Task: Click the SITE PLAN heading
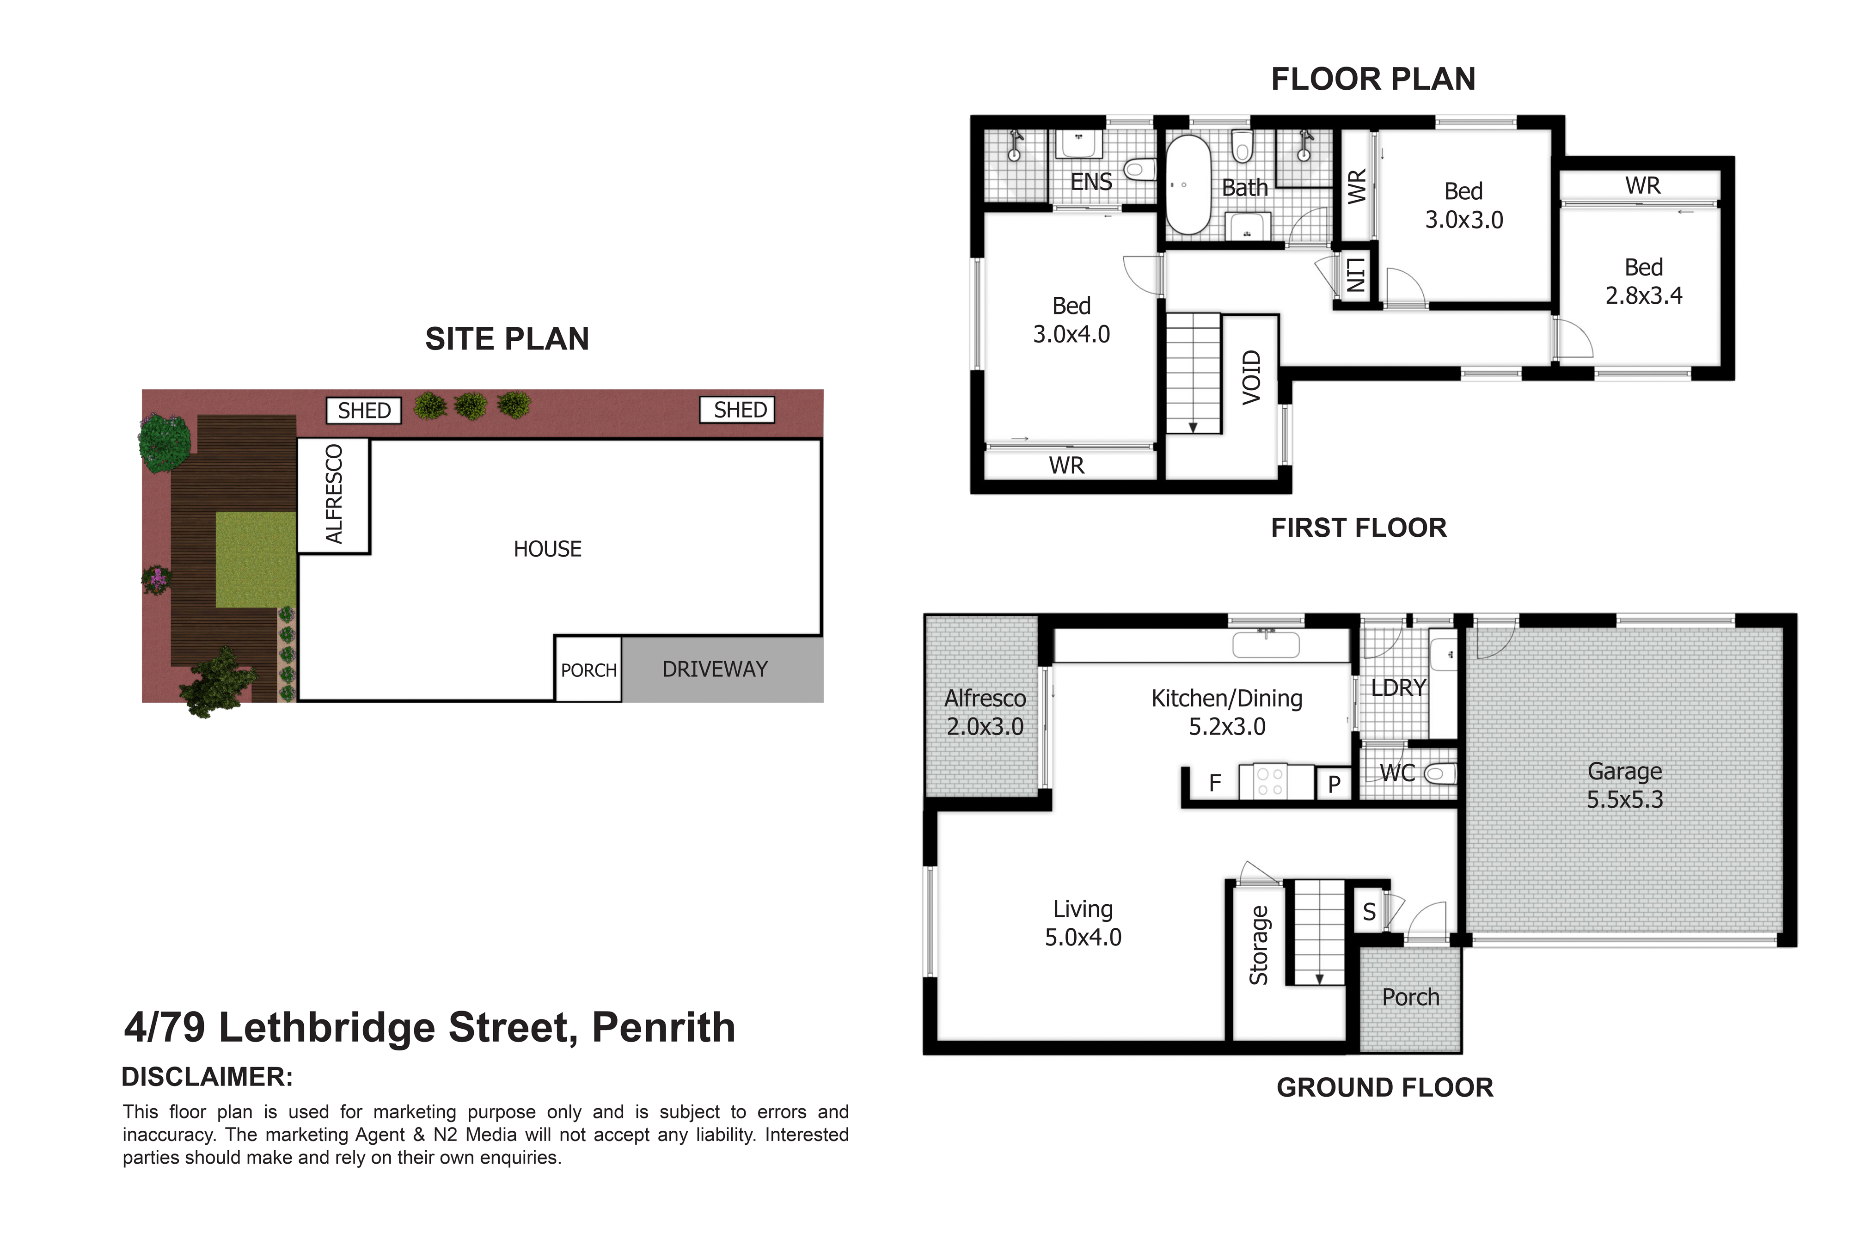[x=507, y=339]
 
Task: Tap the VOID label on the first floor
[x=1251, y=377]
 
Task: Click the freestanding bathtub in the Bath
[x=1188, y=185]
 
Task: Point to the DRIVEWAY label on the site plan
[x=715, y=669]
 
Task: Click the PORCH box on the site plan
[x=588, y=669]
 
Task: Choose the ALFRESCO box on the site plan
[x=333, y=496]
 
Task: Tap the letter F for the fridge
[x=1215, y=783]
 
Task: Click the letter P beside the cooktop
[x=1334, y=784]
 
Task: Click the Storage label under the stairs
[x=1259, y=945]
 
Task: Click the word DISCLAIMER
[x=207, y=1077]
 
